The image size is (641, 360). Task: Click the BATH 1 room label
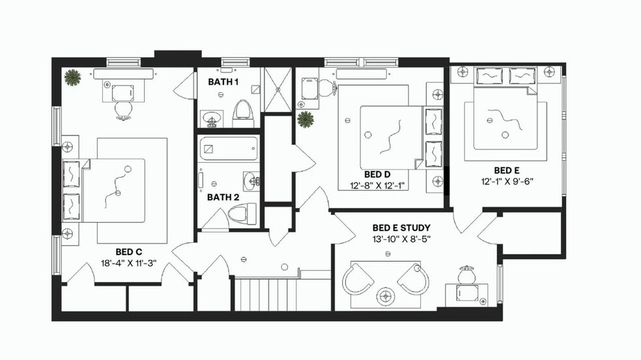223,82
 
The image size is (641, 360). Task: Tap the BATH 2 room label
223,197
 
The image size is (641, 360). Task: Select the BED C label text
129,251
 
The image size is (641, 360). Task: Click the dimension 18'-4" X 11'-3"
129,263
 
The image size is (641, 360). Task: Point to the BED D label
377,174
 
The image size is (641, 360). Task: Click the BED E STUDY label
401,228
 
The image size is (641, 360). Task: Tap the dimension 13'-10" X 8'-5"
401,239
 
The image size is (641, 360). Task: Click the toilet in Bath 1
242,112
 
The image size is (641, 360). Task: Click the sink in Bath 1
211,119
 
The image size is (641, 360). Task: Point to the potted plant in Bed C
72,77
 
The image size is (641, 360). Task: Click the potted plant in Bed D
305,119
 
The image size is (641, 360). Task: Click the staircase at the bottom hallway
267,294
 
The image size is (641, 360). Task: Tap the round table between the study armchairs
386,296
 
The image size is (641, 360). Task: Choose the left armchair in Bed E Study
356,279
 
